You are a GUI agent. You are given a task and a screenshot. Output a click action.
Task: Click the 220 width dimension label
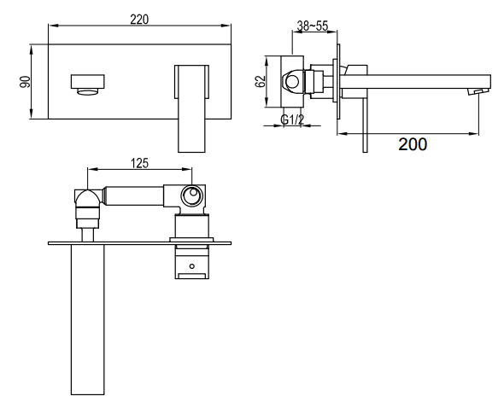coord(139,20)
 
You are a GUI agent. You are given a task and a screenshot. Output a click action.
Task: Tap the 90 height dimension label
coord(25,82)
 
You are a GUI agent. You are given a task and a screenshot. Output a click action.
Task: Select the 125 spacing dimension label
coord(140,163)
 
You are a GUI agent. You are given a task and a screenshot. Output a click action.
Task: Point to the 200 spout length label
coord(413,144)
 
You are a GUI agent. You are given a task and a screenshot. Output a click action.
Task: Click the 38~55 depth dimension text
coord(313,26)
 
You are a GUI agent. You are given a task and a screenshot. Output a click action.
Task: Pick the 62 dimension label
coord(260,81)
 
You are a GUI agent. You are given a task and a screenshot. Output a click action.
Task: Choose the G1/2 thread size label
coord(292,119)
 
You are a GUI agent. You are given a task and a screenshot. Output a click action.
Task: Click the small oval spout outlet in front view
coord(87,92)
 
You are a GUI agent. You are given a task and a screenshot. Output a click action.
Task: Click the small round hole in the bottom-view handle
coord(192,266)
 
